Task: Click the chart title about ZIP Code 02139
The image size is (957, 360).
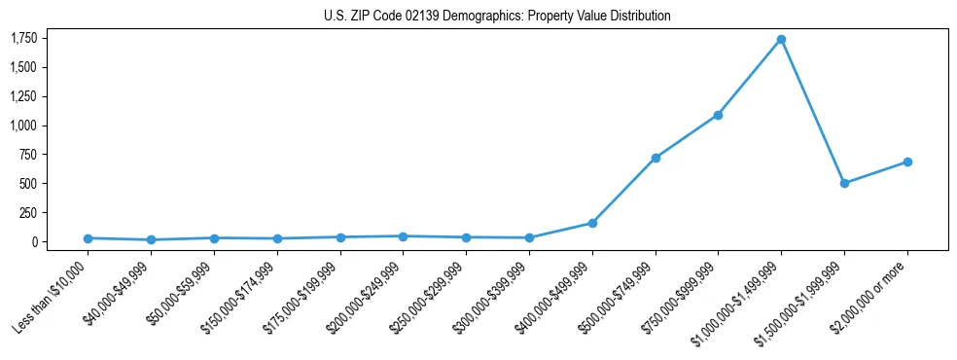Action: [x=497, y=17]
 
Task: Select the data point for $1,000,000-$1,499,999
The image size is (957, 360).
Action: [x=781, y=40]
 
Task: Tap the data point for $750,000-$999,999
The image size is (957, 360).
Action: [x=718, y=115]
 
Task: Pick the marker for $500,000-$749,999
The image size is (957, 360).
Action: [x=656, y=158]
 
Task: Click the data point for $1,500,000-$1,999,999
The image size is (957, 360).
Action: [x=844, y=183]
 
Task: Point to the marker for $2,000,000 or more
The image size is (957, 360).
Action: [x=907, y=162]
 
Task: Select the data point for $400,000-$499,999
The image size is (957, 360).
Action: [x=592, y=223]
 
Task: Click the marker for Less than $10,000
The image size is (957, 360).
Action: [x=88, y=238]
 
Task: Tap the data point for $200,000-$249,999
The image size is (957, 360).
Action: [x=403, y=236]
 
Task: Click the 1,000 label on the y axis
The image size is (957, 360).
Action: [x=23, y=126]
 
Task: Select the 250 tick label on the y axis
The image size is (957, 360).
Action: [x=28, y=212]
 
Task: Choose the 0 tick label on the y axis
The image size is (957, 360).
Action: [x=34, y=241]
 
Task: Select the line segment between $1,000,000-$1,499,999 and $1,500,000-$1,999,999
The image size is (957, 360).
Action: [x=812, y=111]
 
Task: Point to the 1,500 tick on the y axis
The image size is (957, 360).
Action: [x=23, y=67]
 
